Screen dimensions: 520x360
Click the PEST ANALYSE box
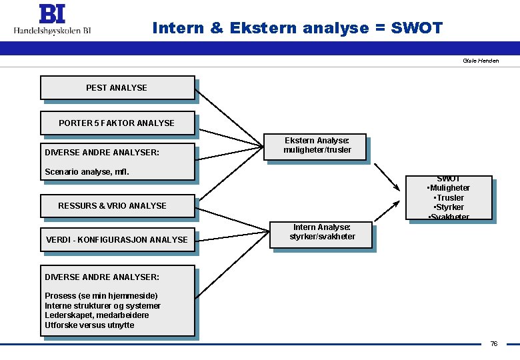coord(117,87)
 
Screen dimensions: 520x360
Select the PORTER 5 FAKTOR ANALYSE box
coord(117,123)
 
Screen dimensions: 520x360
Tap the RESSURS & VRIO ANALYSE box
coord(117,205)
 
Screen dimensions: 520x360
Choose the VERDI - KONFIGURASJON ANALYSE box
coord(117,239)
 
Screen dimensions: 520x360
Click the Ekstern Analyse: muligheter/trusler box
coord(317,145)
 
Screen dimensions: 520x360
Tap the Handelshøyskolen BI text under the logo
coord(53,31)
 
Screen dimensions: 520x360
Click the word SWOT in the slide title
coord(416,28)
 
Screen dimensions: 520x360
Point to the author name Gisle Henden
coord(480,61)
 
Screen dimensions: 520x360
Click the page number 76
coord(493,344)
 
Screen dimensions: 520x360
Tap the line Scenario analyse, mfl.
coord(87,172)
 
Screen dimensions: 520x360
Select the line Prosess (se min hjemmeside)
coord(101,296)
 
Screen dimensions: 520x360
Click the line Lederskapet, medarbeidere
coord(97,315)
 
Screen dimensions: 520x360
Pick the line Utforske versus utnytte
coord(89,325)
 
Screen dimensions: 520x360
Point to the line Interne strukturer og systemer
coord(103,306)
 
